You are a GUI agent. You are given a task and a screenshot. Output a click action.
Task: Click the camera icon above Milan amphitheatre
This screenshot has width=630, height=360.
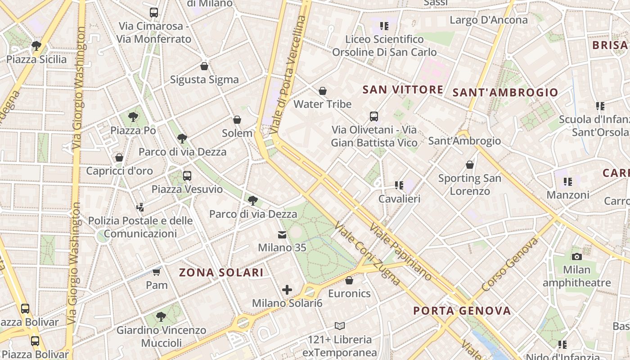(576, 256)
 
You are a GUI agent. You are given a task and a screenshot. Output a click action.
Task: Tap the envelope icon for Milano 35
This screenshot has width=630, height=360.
(282, 234)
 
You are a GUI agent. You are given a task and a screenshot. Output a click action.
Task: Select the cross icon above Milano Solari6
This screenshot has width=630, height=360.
(287, 290)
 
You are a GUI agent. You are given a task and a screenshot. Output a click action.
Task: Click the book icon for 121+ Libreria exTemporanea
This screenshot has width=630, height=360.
(340, 326)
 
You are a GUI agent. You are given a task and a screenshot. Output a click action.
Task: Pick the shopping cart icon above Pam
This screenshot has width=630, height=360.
(156, 272)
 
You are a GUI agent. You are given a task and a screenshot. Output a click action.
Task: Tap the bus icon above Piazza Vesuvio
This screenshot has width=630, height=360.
(187, 176)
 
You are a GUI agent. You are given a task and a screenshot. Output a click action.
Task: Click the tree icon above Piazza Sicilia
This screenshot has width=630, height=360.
(36, 45)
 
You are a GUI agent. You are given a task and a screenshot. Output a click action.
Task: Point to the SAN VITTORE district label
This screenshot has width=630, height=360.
(403, 90)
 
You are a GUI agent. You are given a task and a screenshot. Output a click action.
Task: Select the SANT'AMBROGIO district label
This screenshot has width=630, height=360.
(505, 93)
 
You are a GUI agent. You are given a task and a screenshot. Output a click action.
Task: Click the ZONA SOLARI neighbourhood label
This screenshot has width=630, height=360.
(221, 272)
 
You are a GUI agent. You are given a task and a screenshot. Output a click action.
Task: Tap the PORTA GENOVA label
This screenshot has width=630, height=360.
(462, 310)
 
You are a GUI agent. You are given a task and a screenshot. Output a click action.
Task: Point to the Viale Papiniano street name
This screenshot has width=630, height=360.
(400, 252)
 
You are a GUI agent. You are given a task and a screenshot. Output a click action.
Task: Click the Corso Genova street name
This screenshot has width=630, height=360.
(509, 265)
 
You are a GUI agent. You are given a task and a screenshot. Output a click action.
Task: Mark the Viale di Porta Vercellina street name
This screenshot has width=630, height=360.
(288, 74)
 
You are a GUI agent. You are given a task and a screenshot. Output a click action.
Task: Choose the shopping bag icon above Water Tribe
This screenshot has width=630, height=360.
(323, 91)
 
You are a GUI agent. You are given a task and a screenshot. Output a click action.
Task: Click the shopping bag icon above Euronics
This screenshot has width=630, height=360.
(349, 281)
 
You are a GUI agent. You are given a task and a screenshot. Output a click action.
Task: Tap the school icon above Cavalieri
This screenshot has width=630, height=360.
(399, 185)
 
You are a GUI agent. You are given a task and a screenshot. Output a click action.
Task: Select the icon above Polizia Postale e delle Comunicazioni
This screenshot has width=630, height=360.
(140, 207)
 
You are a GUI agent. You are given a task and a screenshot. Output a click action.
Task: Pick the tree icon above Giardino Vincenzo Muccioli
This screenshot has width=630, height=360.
(161, 317)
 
